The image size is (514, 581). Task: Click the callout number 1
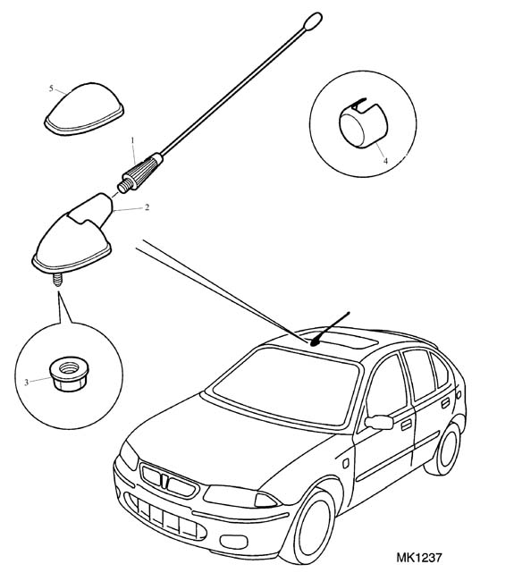point(132,140)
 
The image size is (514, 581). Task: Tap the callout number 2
point(147,207)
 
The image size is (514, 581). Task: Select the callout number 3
point(26,383)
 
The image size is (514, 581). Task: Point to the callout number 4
point(385,161)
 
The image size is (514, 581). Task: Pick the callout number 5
point(51,88)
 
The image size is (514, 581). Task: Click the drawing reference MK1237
point(419,557)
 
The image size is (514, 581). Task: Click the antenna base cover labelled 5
point(84,109)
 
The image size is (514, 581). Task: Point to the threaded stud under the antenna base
point(57,280)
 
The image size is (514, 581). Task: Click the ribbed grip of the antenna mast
point(141,172)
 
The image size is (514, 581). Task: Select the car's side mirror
point(379,422)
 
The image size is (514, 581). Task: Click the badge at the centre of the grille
point(164,481)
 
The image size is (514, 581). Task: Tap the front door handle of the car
point(407,425)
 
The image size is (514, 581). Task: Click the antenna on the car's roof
point(329,330)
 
